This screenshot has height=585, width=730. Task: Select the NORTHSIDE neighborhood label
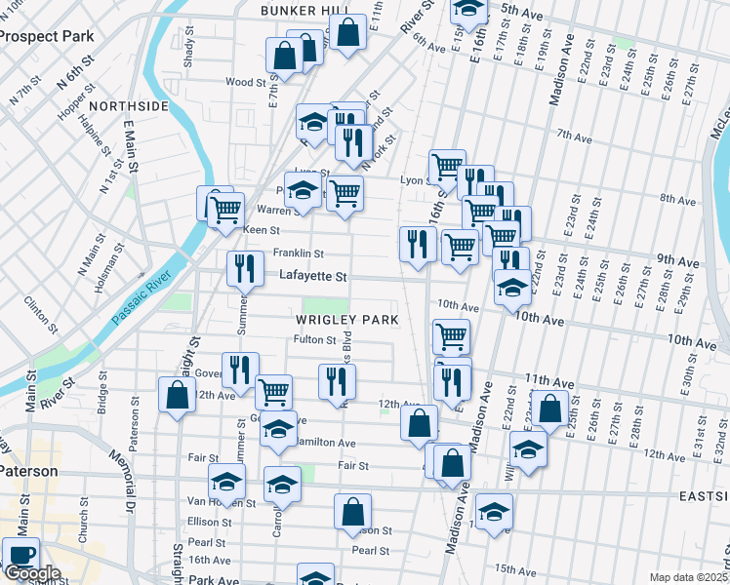pyautogui.click(x=128, y=105)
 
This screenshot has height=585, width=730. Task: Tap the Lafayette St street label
pyautogui.click(x=313, y=277)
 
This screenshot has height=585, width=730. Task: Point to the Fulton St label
pyautogui.click(x=314, y=340)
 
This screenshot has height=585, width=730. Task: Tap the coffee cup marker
pyautogui.click(x=20, y=555)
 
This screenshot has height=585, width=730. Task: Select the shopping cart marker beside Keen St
pyautogui.click(x=225, y=208)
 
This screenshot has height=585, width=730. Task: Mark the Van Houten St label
pyautogui.click(x=223, y=503)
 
